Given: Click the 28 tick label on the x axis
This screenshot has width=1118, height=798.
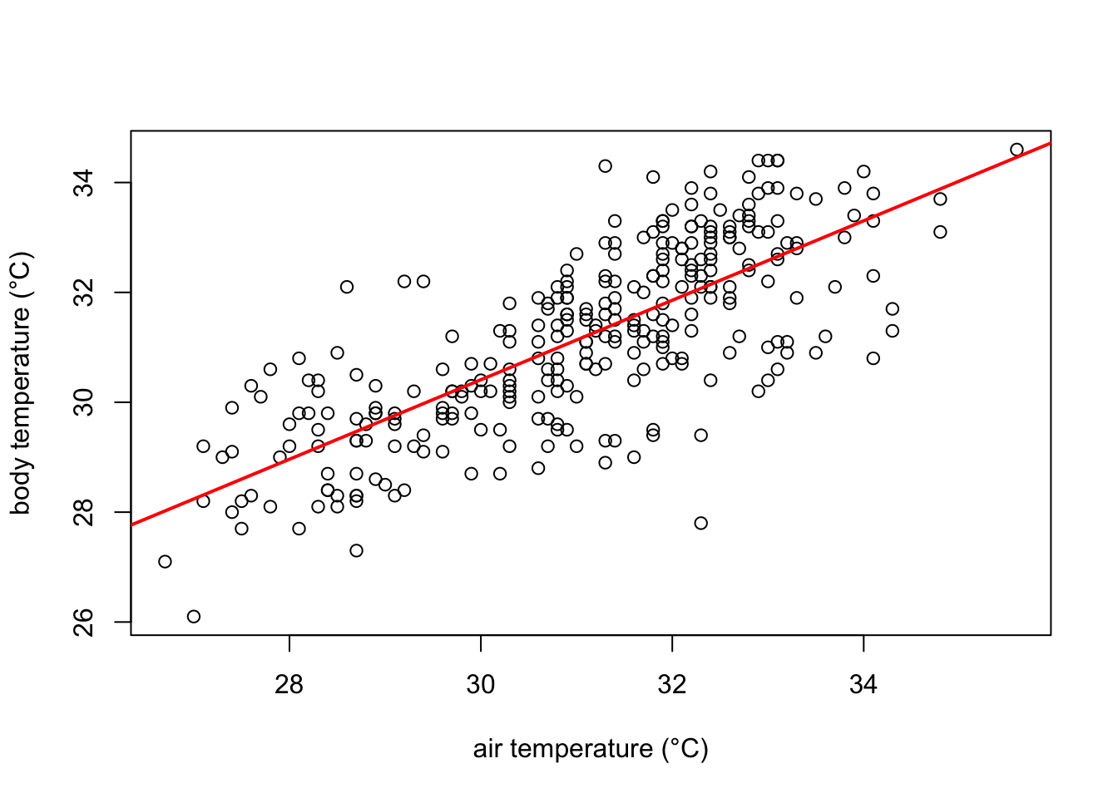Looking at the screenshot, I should pos(289,685).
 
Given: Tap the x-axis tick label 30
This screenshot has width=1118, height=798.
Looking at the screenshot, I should pos(481,685).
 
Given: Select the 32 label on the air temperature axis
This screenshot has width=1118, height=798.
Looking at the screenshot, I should pos(672,685).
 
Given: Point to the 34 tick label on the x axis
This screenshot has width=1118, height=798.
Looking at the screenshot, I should pos(863,685).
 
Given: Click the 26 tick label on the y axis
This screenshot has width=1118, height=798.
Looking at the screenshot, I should pos(84,622).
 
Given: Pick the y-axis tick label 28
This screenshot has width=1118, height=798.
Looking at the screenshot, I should pos(84,512).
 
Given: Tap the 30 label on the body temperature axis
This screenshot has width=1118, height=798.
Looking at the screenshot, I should pos(84,402).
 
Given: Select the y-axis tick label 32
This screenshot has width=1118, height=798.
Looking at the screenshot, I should pos(84,293).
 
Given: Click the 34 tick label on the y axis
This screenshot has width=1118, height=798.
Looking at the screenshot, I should pos(84,183).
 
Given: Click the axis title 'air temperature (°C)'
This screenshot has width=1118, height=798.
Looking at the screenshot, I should pos(591,749).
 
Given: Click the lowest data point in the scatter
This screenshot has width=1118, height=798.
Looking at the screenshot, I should pos(194,617).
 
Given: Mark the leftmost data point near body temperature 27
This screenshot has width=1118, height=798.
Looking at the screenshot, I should pos(165,562).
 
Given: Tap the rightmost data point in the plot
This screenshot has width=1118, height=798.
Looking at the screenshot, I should pos(1017,150).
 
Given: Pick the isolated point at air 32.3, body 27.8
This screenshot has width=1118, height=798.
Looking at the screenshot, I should pos(701,523).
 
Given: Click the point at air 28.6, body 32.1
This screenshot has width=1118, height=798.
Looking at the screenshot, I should pos(347,287).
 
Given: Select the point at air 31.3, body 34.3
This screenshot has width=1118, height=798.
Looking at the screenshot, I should pos(606,166).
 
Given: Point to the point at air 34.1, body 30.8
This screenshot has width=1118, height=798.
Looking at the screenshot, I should pos(873,358).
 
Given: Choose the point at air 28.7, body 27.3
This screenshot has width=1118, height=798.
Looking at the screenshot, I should pos(357,550).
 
